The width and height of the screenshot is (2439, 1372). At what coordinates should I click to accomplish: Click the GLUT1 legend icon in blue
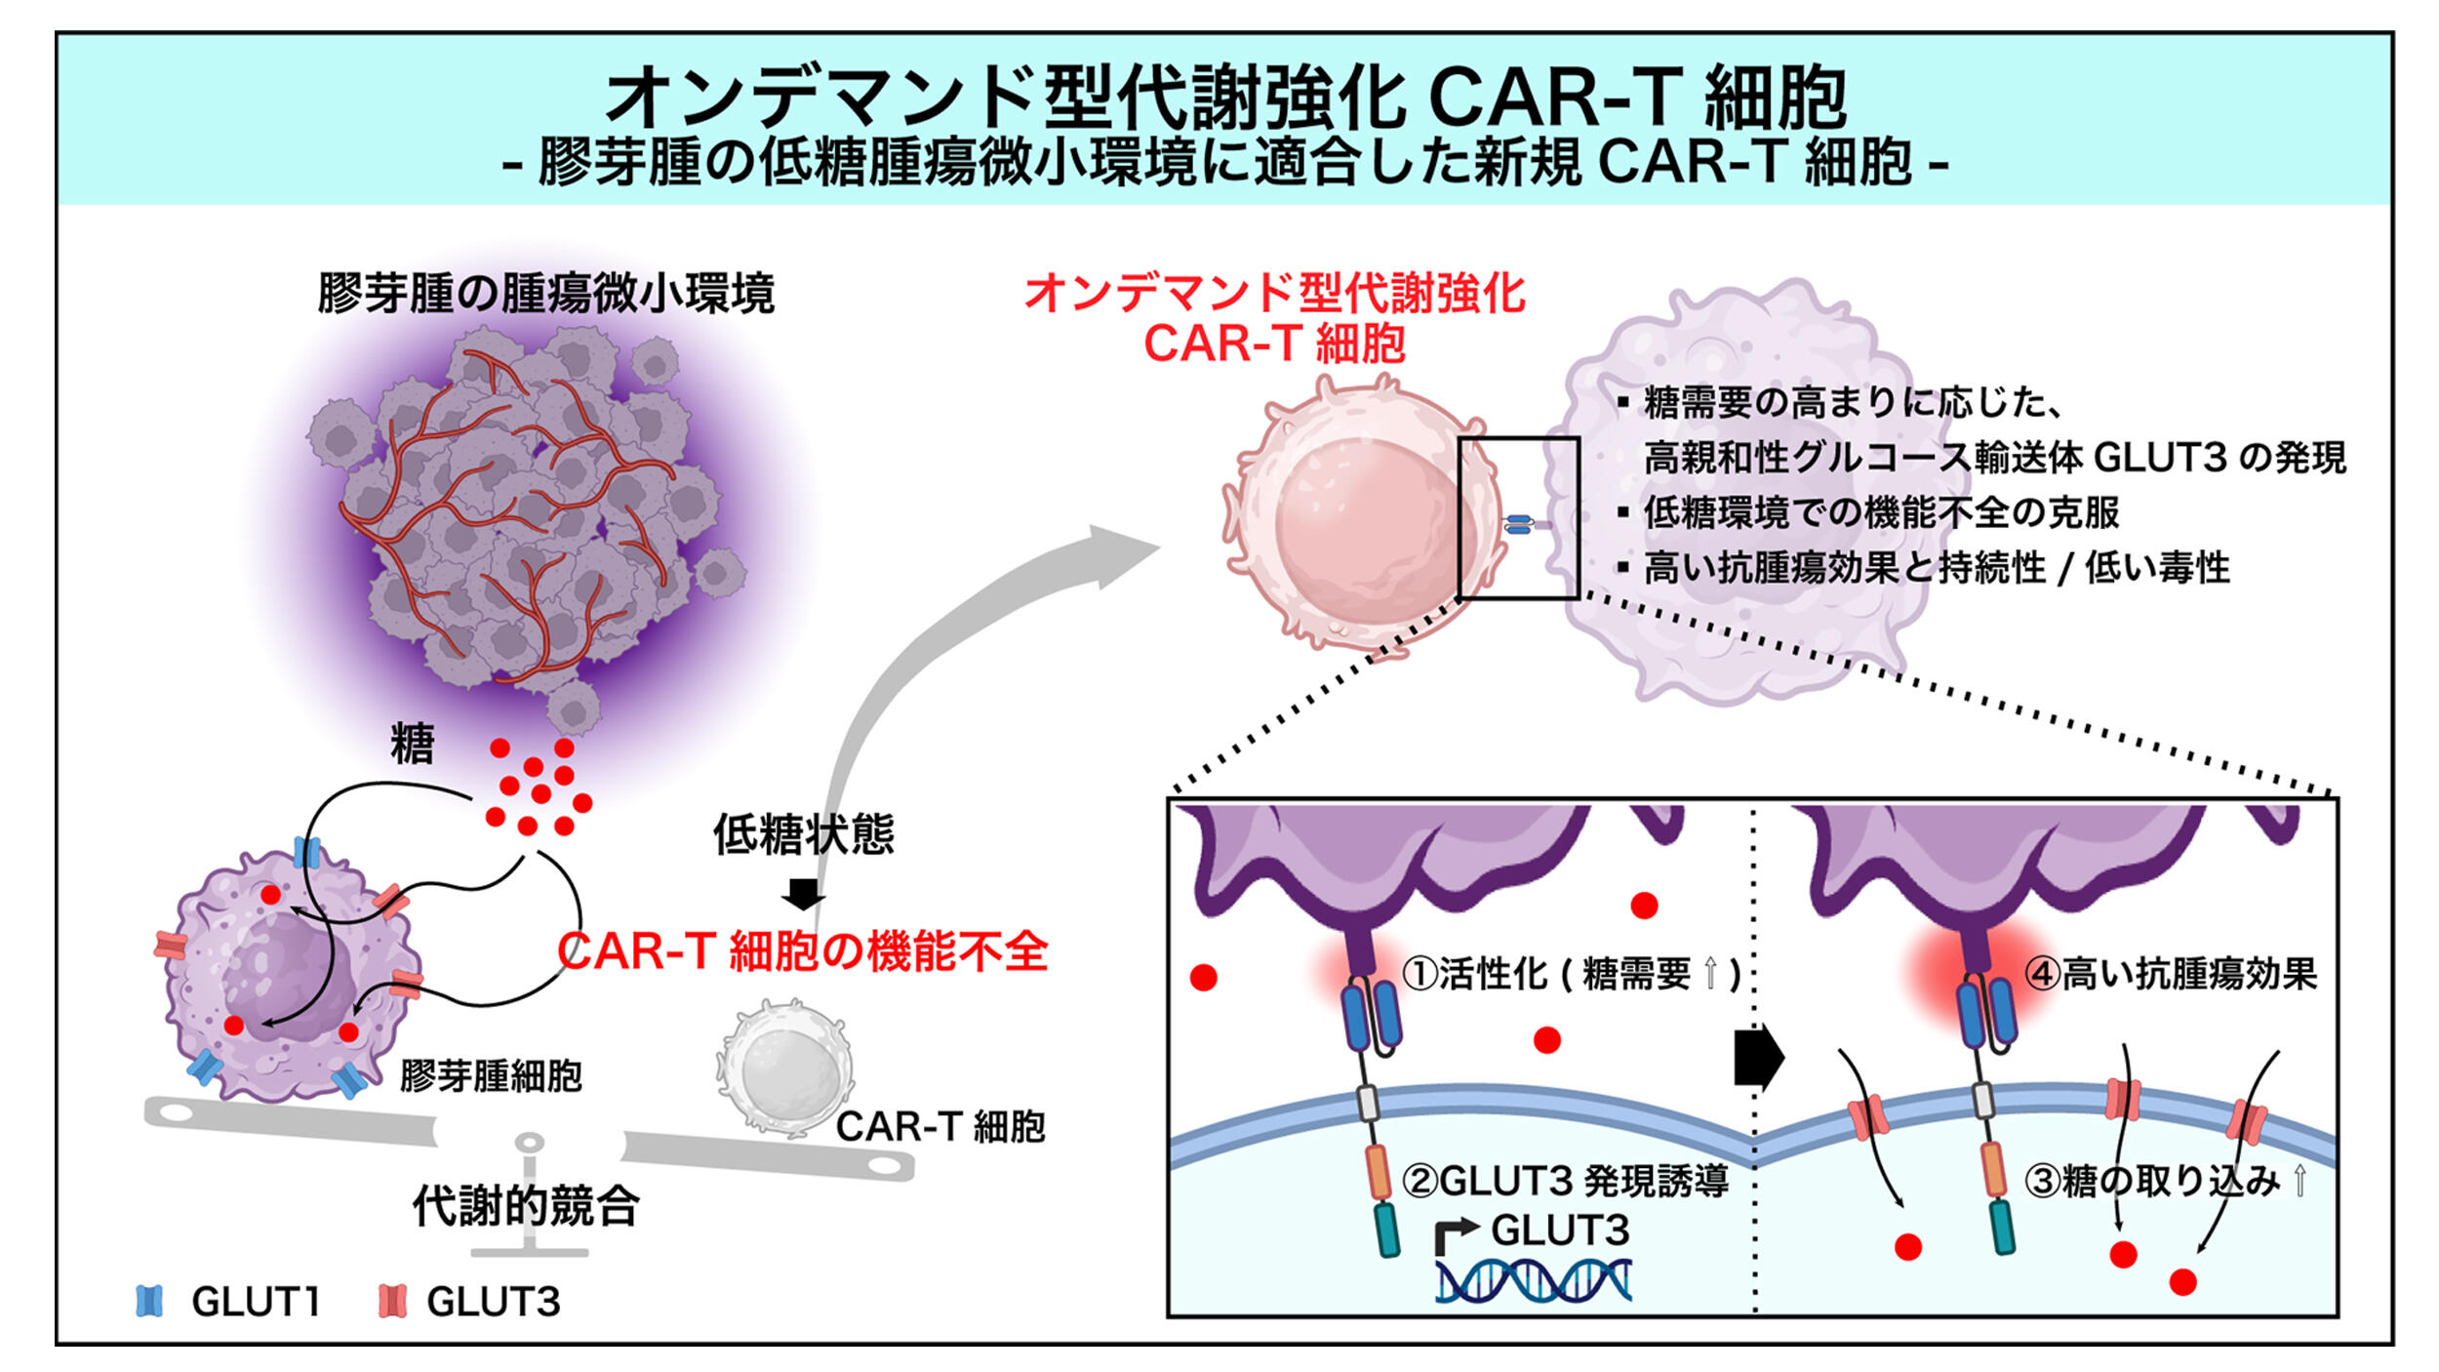pos(149,1301)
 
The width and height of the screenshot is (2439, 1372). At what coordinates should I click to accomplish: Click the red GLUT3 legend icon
pos(392,1301)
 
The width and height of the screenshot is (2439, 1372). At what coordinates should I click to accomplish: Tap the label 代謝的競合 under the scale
pos(526,1206)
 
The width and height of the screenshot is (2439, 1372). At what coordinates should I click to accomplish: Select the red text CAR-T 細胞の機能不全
pos(802,951)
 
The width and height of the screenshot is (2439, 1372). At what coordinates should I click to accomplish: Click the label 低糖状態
pos(803,834)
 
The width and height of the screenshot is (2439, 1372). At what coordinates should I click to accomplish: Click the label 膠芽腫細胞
pos(491,1076)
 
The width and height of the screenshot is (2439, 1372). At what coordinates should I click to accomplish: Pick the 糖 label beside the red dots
pos(412,745)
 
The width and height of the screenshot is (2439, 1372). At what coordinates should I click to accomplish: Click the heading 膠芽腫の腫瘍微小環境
pos(546,293)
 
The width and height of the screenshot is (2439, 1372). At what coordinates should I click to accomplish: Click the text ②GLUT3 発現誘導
pos(1565,1181)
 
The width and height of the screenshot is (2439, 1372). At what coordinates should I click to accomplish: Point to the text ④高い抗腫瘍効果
pos(2170,973)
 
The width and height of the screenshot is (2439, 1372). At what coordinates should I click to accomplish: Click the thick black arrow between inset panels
pos(1758,1058)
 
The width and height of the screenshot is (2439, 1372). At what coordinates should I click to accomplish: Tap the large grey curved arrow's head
pos(1122,555)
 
